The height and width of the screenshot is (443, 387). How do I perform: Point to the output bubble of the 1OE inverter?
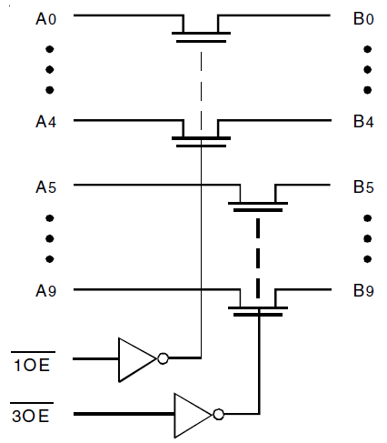(x=163, y=358)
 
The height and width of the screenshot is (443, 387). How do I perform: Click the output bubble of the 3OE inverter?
(x=218, y=414)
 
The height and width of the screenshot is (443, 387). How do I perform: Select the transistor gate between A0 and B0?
(x=200, y=37)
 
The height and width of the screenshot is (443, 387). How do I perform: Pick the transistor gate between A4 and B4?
(x=200, y=141)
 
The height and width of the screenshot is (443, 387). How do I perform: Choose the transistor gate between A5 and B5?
(x=259, y=207)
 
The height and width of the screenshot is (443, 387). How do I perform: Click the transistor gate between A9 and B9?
(x=259, y=312)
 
